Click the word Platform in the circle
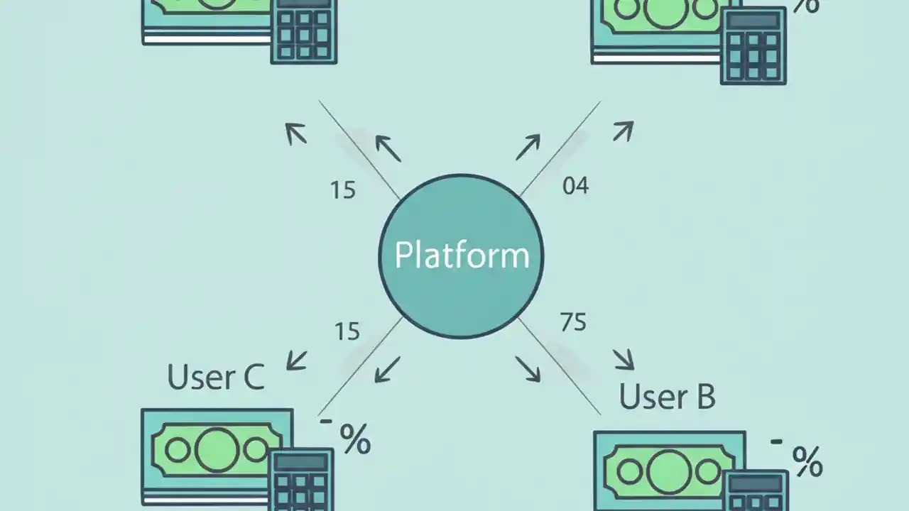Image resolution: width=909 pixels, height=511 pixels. click(462, 255)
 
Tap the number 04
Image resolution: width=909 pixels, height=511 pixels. click(575, 186)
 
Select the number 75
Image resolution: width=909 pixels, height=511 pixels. click(573, 322)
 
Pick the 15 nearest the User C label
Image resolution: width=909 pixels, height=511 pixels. click(347, 331)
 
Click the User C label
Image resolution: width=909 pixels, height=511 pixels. click(215, 376)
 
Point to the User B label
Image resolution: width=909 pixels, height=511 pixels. click(666, 397)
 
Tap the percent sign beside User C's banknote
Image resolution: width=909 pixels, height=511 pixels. click(355, 439)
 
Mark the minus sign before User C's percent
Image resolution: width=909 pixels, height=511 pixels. click(326, 421)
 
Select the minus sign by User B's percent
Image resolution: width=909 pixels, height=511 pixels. click(776, 441)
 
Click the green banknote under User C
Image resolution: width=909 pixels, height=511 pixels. click(206, 449)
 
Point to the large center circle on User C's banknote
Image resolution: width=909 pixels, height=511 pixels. click(216, 450)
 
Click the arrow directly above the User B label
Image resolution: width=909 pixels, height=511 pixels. click(624, 358)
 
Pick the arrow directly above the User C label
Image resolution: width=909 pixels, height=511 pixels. click(297, 359)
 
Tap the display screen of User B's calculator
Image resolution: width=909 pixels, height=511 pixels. click(756, 483)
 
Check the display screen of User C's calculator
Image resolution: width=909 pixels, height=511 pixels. click(301, 462)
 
